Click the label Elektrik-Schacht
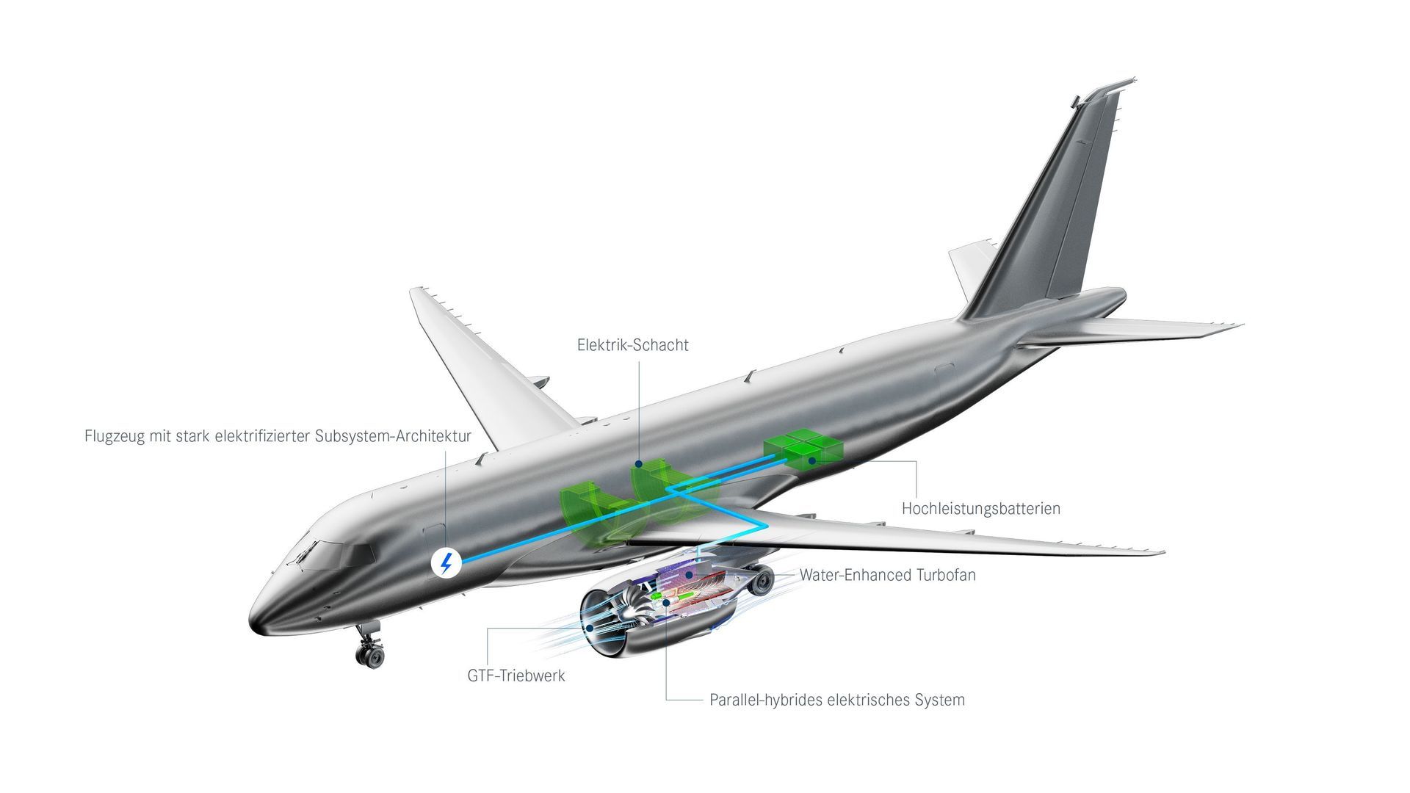(x=633, y=345)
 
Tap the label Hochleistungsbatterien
(x=981, y=508)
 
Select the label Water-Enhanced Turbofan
(x=888, y=575)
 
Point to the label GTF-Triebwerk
(x=516, y=676)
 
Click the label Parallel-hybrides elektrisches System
(x=837, y=700)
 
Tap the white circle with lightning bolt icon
(x=446, y=563)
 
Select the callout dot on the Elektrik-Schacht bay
(x=639, y=464)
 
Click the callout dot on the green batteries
(x=812, y=460)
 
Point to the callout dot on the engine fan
(x=590, y=629)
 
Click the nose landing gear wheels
(x=369, y=653)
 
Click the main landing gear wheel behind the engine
(x=764, y=580)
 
